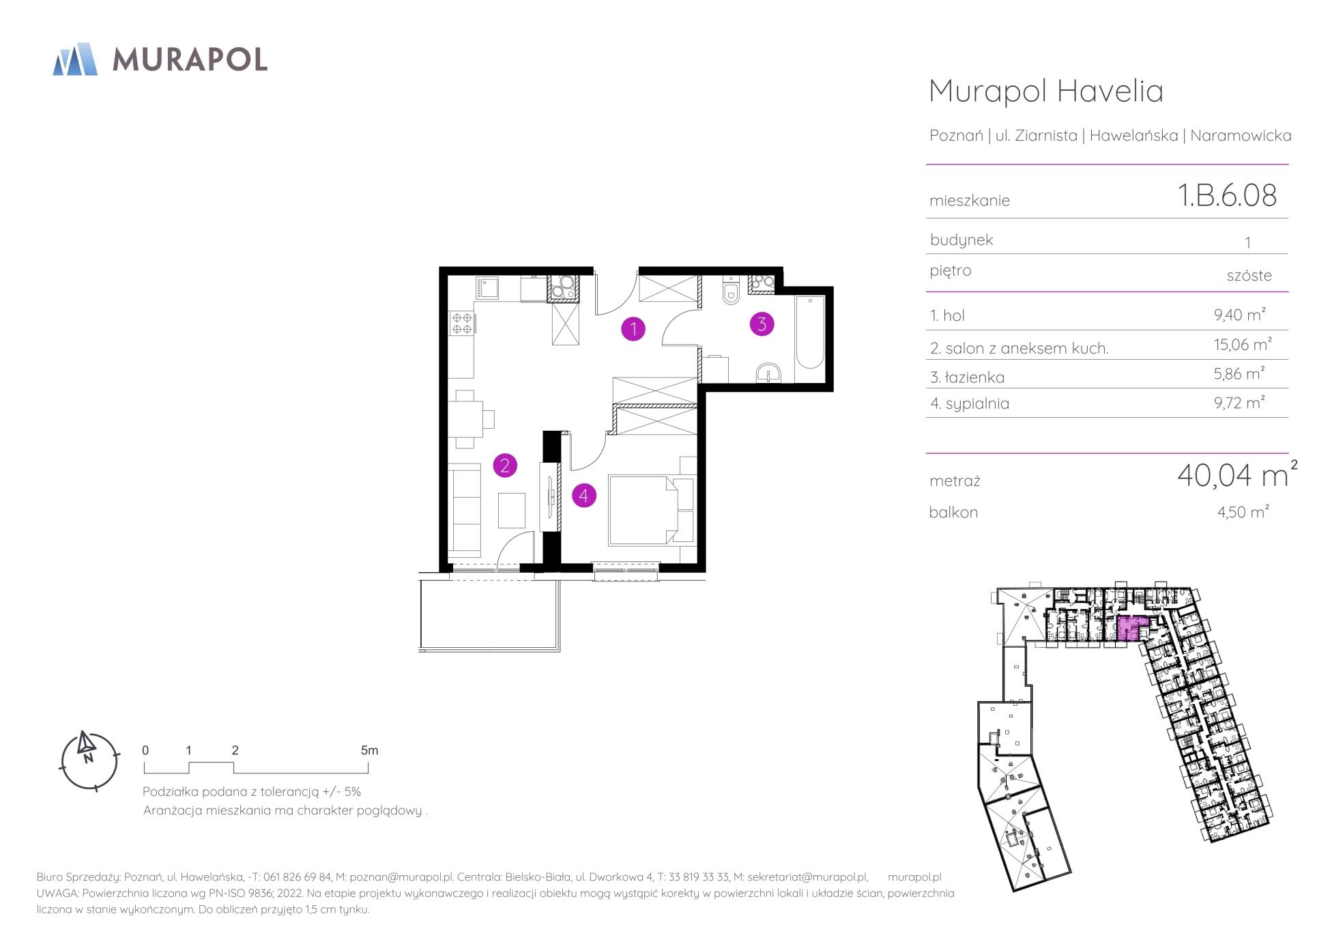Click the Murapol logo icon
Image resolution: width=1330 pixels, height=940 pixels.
(x=75, y=59)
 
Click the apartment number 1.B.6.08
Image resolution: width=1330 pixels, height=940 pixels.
(x=1227, y=195)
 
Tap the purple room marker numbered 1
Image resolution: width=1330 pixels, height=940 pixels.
(x=633, y=329)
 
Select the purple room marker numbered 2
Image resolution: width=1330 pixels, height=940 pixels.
(x=505, y=466)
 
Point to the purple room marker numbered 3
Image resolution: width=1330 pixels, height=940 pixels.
(x=762, y=324)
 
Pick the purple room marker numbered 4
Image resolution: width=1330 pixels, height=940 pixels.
(x=583, y=495)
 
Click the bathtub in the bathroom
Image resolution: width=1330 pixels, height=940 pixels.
(x=811, y=332)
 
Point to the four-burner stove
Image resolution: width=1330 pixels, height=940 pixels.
(x=461, y=322)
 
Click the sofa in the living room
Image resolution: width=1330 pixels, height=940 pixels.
(x=465, y=512)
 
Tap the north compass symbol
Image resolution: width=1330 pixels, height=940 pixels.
(x=89, y=761)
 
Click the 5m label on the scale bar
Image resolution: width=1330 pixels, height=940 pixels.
(x=369, y=750)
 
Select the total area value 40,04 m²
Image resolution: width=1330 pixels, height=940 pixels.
(x=1237, y=474)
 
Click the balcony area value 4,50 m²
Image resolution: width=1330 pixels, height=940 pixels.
(x=1243, y=511)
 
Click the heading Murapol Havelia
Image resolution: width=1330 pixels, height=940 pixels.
(x=1046, y=91)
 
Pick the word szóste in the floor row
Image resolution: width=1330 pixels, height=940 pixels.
(x=1249, y=275)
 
